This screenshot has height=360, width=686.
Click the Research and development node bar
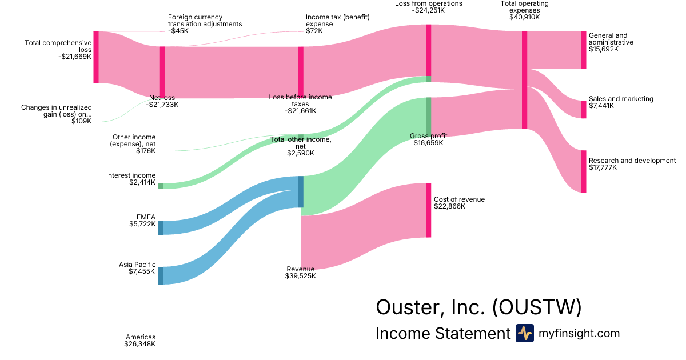(584, 171)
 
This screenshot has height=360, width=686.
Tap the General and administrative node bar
(584, 50)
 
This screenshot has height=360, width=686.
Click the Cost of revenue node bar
(428, 210)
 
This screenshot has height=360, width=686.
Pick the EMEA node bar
(161, 227)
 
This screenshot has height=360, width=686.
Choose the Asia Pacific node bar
(161, 275)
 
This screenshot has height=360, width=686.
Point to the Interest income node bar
(161, 186)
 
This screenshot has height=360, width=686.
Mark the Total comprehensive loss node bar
(96, 57)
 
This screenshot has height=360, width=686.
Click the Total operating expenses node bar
(524, 80)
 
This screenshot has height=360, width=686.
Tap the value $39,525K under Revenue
(300, 276)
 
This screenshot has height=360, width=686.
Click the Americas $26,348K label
(139, 341)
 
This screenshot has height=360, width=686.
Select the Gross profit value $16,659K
(428, 143)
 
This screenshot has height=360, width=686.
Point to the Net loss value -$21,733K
(162, 105)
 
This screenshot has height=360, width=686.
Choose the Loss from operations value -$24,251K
(428, 11)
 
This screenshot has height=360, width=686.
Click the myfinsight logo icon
(524, 333)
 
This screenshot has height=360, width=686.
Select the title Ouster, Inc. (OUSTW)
(478, 307)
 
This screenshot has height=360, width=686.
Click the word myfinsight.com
(579, 333)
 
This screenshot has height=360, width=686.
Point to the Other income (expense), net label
(133, 144)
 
